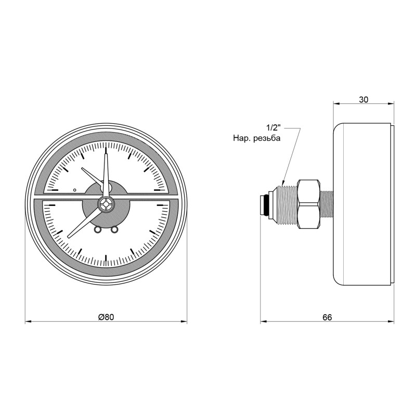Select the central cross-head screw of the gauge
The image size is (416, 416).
pyautogui.click(x=106, y=204)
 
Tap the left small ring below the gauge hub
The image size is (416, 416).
pyautogui.click(x=98, y=230)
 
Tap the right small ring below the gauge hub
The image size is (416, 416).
pyautogui.click(x=114, y=230)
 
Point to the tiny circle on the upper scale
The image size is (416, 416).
pyautogui.click(x=75, y=190)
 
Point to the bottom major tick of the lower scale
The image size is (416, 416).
pyautogui.click(x=106, y=259)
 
